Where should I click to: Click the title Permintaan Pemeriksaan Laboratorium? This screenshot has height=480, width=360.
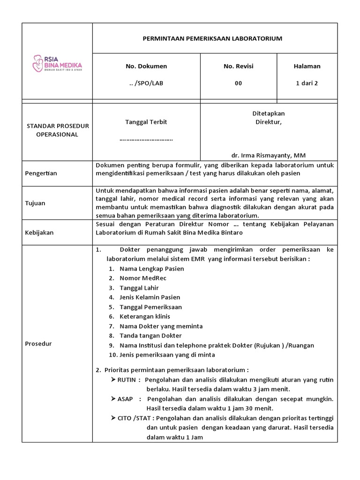[212, 38]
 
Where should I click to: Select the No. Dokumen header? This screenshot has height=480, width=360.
[146, 66]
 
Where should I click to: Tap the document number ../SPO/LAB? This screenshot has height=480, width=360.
[146, 83]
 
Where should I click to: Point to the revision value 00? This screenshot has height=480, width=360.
[239, 83]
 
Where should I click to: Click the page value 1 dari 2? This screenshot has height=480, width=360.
[307, 83]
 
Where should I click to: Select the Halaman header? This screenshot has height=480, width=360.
[307, 66]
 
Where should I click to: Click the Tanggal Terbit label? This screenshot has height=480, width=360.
[146, 122]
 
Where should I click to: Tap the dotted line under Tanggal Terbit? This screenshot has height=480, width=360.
[146, 139]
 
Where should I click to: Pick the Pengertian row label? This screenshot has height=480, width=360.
[41, 173]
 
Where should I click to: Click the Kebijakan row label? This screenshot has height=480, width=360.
[39, 232]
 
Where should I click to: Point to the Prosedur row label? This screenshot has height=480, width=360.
[38, 344]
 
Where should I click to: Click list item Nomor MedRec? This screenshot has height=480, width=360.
[143, 278]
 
